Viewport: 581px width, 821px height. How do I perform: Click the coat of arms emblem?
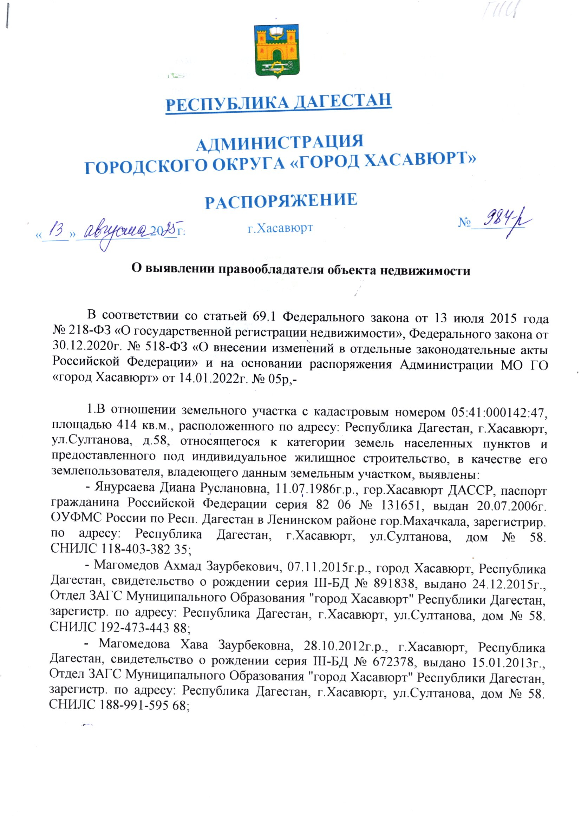(276, 51)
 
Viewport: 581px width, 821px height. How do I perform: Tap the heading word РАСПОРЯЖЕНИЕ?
(281, 201)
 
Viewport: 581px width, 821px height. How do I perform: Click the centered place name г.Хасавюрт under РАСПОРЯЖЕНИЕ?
(280, 228)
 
